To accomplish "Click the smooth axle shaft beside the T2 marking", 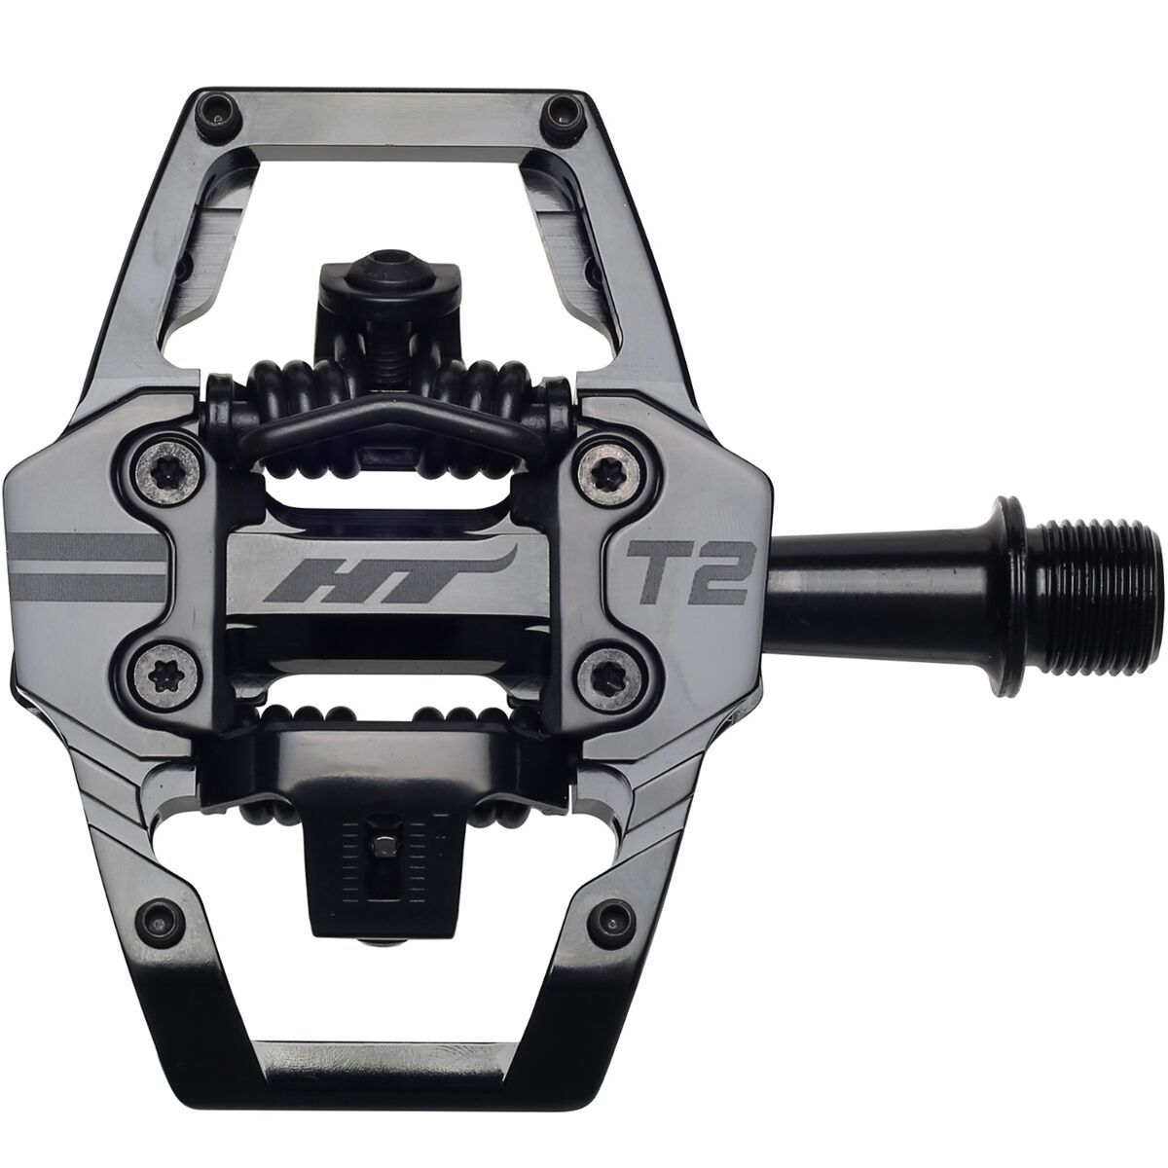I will pyautogui.click(x=857, y=567).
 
